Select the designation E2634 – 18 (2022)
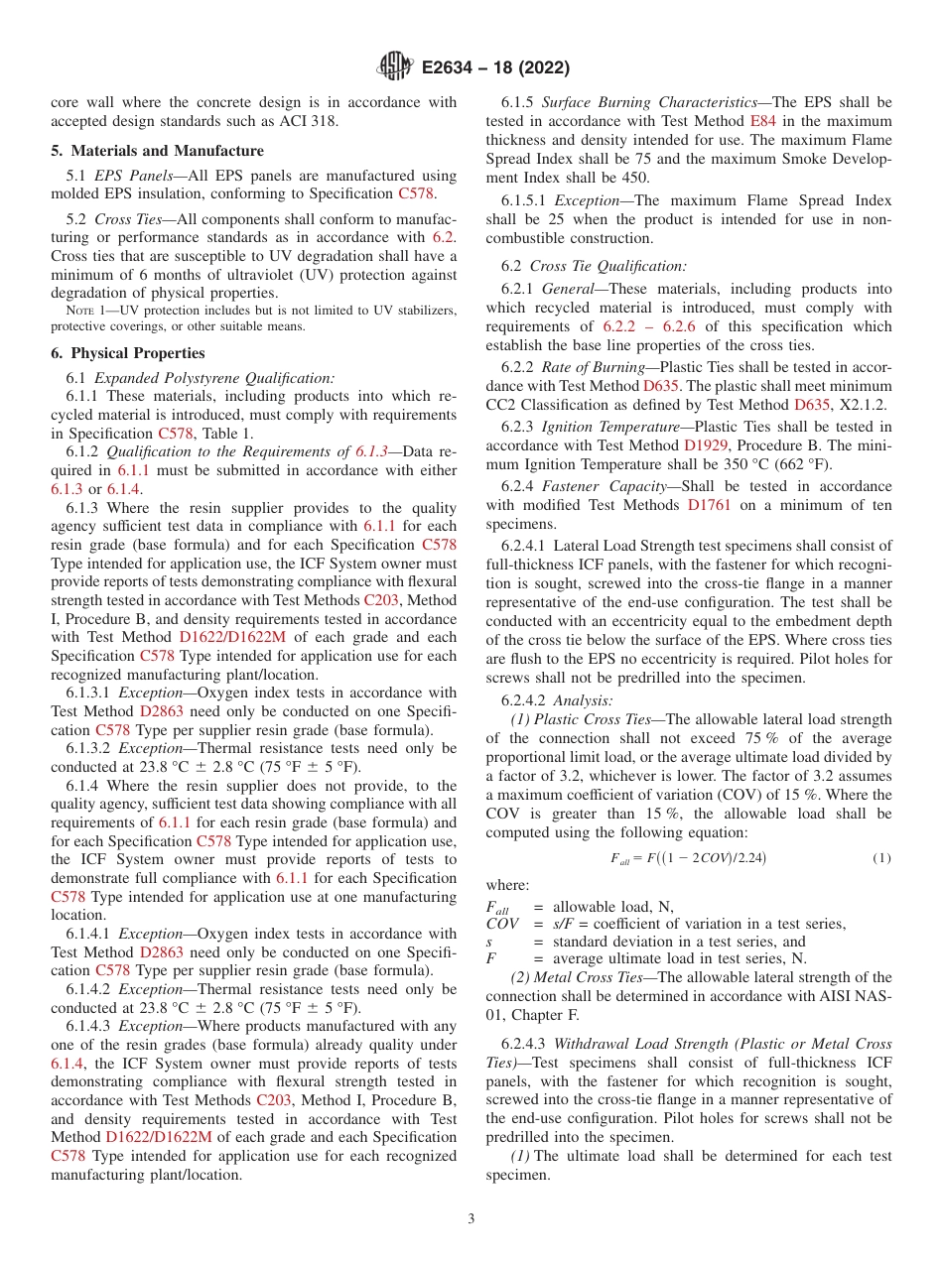pyautogui.click(x=495, y=67)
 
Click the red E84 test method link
pyautogui.click(x=763, y=121)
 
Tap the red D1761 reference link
pyautogui.click(x=710, y=504)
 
